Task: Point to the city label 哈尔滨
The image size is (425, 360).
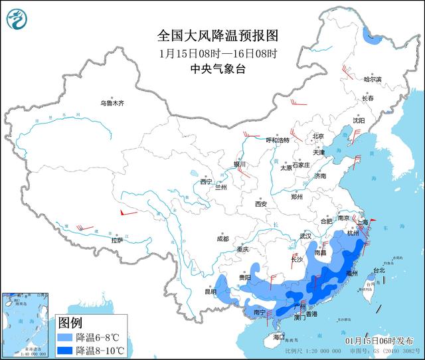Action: click(x=373, y=79)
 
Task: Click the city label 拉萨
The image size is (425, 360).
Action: click(x=117, y=241)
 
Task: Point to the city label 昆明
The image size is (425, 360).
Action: click(x=210, y=291)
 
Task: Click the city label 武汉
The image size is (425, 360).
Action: click(x=305, y=236)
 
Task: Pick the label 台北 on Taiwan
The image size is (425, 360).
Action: click(x=379, y=270)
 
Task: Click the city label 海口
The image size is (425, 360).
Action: click(x=279, y=337)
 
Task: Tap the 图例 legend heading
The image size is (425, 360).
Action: click(x=70, y=323)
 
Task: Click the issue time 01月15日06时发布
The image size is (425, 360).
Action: click(x=384, y=339)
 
